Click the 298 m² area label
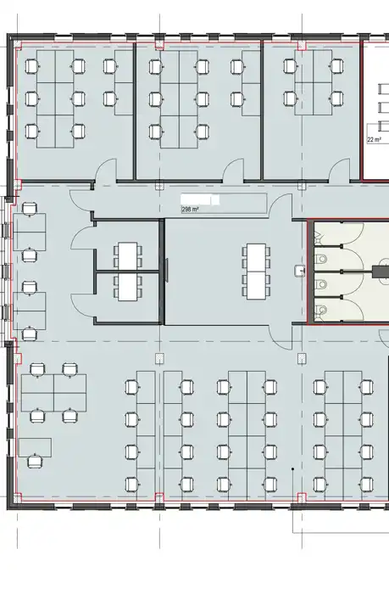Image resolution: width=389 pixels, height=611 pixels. click(190, 210)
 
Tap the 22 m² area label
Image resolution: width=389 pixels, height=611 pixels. click(374, 139)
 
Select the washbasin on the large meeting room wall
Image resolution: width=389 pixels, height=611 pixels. click(299, 270)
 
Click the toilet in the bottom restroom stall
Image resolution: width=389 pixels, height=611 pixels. click(321, 311)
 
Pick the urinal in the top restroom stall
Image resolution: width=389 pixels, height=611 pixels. click(318, 235)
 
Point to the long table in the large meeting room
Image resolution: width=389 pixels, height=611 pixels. click(256, 272)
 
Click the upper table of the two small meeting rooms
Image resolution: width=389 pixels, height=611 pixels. click(128, 256)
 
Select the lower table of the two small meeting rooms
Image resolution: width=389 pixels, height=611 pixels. click(128, 287)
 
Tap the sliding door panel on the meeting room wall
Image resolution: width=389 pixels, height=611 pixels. click(166, 270)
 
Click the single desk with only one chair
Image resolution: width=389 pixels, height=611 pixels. click(35, 447)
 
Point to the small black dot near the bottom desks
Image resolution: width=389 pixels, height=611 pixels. click(292, 469)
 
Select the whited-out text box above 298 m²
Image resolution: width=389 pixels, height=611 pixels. click(200, 199)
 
